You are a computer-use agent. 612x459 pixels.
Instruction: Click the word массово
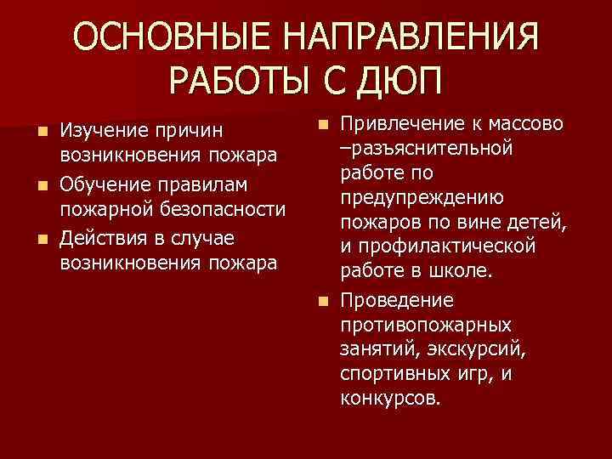tap(524, 124)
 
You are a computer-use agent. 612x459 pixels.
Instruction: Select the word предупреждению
tap(422, 198)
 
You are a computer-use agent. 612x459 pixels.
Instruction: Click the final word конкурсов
tap(390, 397)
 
